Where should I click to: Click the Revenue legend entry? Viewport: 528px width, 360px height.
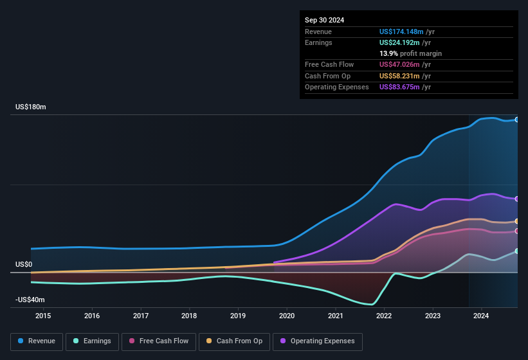[37, 341]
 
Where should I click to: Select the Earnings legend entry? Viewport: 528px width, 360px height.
[92, 341]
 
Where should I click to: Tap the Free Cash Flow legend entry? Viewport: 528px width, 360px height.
[159, 341]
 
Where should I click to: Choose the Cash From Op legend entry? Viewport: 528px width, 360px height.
[234, 341]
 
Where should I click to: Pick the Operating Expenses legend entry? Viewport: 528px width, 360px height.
[318, 341]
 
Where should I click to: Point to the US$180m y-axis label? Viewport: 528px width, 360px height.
[31, 107]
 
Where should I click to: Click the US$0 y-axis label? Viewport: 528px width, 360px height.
[24, 264]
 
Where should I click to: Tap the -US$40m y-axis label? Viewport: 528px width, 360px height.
[30, 300]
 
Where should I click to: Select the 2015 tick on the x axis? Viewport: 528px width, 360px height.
[43, 316]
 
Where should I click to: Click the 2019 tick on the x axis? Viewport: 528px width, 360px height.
[238, 316]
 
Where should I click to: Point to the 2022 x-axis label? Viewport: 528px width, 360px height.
[384, 316]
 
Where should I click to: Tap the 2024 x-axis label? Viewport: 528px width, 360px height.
[481, 316]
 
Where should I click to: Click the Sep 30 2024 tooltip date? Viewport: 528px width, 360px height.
[325, 20]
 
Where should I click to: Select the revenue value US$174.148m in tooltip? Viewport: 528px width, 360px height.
[401, 32]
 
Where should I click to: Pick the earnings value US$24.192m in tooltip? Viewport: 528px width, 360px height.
[399, 42]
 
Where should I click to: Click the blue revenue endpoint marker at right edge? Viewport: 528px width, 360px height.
[517, 120]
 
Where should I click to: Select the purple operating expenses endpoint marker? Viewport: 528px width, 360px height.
[517, 199]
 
